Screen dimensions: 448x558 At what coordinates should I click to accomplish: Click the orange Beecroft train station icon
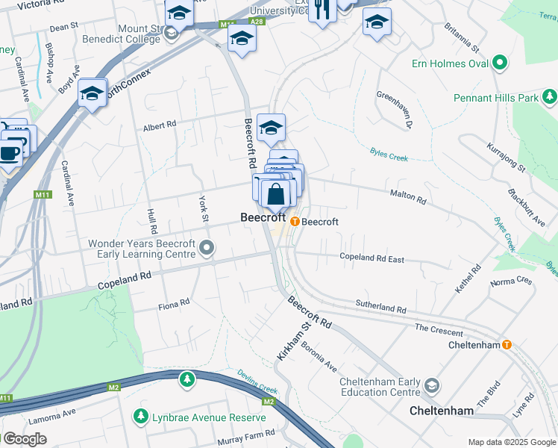coord(295,222)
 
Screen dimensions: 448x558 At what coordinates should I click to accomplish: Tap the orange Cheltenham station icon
coord(507,345)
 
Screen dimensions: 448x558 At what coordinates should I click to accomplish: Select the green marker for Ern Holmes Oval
coord(499,63)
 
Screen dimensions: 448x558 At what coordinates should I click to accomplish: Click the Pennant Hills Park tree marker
coord(549,97)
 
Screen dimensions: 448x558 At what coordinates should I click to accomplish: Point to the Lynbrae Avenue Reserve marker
coord(139,416)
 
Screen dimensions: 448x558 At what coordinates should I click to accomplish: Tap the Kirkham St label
coord(292,342)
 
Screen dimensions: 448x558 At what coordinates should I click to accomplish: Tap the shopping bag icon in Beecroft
coord(275,194)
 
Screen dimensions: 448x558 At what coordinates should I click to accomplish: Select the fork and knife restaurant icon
coord(322,10)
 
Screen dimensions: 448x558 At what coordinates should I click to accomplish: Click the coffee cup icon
coord(10,153)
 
